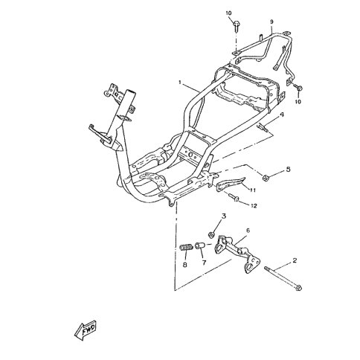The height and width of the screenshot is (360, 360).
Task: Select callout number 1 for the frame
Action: point(181,83)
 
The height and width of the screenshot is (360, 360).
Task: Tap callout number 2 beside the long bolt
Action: point(295,260)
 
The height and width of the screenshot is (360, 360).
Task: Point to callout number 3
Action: point(224,216)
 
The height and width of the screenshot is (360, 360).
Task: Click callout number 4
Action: point(282,115)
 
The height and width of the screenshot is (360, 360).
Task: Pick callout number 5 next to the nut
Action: point(288,170)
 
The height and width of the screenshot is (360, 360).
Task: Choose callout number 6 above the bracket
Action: point(248,231)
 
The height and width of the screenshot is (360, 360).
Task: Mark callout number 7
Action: point(204,263)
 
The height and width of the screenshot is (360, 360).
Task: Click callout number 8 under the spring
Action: point(184,265)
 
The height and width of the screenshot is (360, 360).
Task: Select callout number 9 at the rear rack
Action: point(271,22)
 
